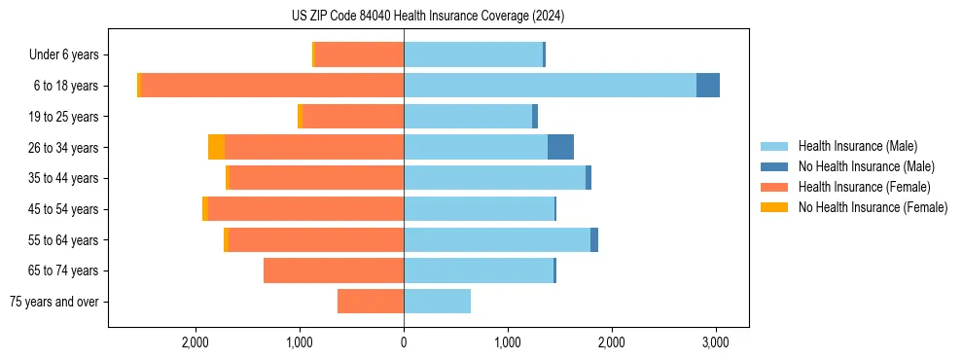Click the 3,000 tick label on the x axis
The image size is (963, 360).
pyautogui.click(x=715, y=342)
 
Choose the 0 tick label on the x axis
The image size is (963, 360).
pyautogui.click(x=404, y=342)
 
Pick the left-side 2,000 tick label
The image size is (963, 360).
pyautogui.click(x=196, y=342)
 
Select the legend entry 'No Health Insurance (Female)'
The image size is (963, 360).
pyautogui.click(x=873, y=207)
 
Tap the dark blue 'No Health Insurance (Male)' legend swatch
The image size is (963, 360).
pyautogui.click(x=774, y=166)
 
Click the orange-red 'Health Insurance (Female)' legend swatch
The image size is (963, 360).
pyautogui.click(x=774, y=187)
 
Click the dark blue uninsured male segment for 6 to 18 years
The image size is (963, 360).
pyautogui.click(x=708, y=86)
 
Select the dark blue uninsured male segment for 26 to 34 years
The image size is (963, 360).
pyautogui.click(x=560, y=147)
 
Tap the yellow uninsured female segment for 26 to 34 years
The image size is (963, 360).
pyautogui.click(x=216, y=147)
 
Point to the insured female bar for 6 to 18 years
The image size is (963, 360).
pyautogui.click(x=272, y=86)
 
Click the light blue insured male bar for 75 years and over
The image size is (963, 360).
pyautogui.click(x=437, y=302)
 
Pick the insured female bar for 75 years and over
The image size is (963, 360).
pyautogui.click(x=371, y=302)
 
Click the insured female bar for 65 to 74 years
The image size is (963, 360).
pyautogui.click(x=334, y=270)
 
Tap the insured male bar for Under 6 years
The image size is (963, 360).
pyautogui.click(x=473, y=55)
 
